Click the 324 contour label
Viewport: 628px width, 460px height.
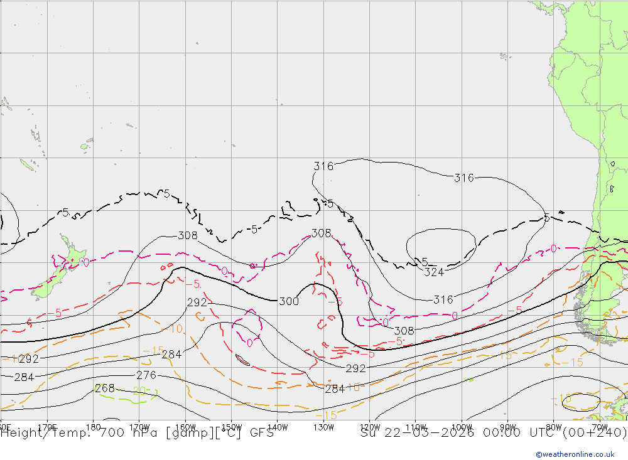click(x=434, y=272)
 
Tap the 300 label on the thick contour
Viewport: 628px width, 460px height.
click(x=289, y=301)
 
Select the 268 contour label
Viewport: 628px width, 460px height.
click(x=104, y=388)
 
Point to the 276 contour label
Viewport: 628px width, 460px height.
click(x=146, y=375)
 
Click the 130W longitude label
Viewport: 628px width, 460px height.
click(x=323, y=427)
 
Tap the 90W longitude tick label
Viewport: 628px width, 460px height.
click(x=507, y=427)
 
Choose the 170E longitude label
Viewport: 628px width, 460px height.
click(x=48, y=427)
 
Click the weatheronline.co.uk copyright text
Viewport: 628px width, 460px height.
click(x=575, y=454)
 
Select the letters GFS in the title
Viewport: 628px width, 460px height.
click(x=262, y=432)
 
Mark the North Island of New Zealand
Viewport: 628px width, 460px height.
click(x=72, y=252)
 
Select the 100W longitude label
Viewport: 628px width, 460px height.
click(x=462, y=427)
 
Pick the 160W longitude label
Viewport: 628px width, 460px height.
click(x=185, y=427)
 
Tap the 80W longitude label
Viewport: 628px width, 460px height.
click(x=554, y=427)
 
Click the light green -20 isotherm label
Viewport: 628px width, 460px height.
click(x=139, y=392)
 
